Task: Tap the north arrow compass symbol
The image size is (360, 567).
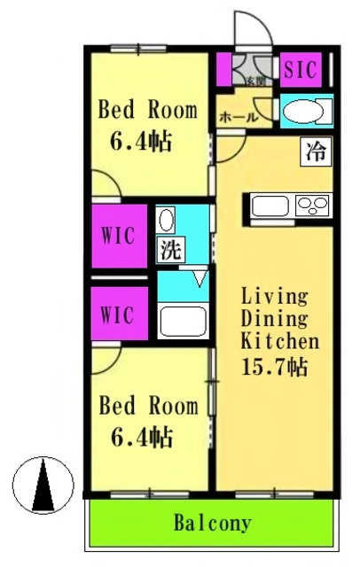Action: click(x=43, y=485)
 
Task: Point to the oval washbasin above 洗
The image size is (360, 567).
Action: click(x=167, y=221)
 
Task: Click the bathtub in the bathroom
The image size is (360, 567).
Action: click(x=184, y=318)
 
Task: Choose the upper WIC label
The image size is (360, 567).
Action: click(x=117, y=237)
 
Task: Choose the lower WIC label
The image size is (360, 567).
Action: click(x=117, y=315)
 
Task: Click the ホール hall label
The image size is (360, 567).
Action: click(x=238, y=117)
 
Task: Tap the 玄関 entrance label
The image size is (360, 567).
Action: click(x=254, y=82)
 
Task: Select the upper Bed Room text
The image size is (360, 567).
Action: click(x=146, y=112)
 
